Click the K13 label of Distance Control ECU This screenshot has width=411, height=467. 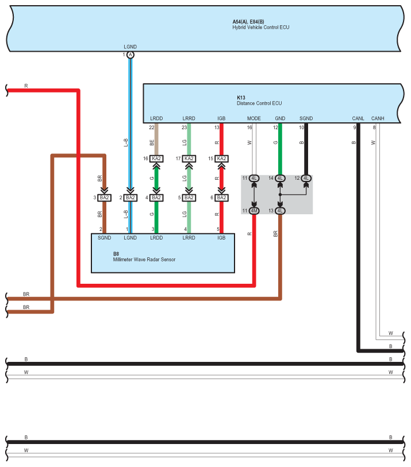pos(241,98)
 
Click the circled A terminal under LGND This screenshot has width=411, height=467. pos(130,55)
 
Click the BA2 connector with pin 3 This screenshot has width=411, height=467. pos(104,198)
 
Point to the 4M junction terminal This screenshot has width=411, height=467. pos(254,211)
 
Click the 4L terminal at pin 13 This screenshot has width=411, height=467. pos(280,211)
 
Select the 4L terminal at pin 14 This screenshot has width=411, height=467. pos(280,178)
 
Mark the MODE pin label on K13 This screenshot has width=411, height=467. pos(254,119)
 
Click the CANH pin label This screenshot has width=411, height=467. pos(378,119)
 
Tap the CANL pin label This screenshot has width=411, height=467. pos(358,119)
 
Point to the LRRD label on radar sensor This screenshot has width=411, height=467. pos(189,237)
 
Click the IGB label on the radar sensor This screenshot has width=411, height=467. pos(221,237)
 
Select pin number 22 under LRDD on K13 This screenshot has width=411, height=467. pos(152,128)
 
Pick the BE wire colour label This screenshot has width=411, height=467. pos(152,141)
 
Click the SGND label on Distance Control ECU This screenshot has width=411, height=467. pos(306,119)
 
